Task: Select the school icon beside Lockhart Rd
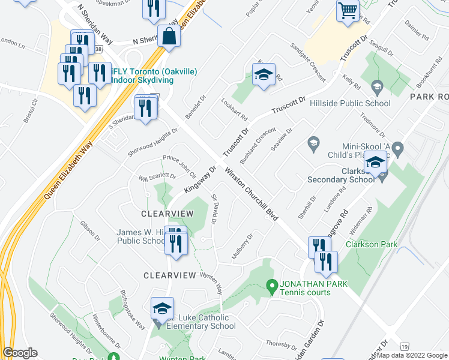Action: [263, 75]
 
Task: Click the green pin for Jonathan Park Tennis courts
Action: [272, 286]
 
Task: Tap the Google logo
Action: [20, 353]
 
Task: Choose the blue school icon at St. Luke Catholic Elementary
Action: [161, 308]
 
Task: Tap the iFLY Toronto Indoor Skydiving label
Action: [153, 76]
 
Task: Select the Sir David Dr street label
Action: [214, 207]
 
